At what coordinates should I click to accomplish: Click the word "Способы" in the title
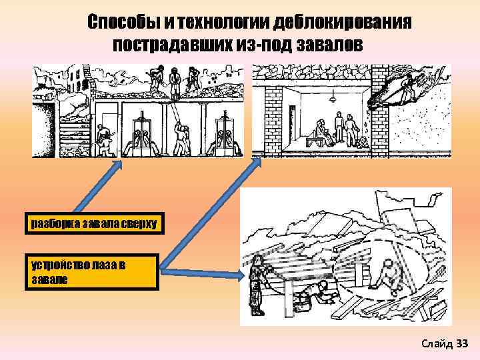click(123, 23)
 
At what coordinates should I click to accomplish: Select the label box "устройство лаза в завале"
click(93, 271)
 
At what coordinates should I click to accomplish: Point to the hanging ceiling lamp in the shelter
click(331, 100)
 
